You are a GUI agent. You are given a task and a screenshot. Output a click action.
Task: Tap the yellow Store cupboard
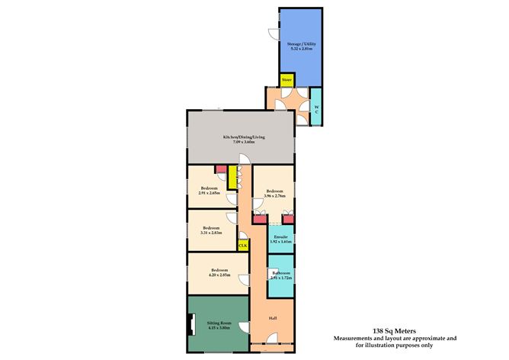(x=287, y=79)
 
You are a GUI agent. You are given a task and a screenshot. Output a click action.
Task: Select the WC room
(x=317, y=108)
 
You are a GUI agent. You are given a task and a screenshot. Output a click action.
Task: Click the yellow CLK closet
(x=243, y=246)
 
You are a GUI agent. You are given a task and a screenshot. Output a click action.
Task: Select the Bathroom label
(x=280, y=272)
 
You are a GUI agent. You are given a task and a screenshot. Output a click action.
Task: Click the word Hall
(x=273, y=320)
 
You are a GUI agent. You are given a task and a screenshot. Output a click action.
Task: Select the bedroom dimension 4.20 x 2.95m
(x=219, y=276)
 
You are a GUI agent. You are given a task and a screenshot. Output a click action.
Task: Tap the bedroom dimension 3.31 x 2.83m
(x=211, y=233)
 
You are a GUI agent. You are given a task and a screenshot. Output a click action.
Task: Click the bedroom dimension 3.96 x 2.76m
(x=274, y=197)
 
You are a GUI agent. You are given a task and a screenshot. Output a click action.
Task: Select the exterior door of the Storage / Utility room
(x=274, y=33)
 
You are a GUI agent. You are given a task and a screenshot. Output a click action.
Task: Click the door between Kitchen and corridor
(x=244, y=160)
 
